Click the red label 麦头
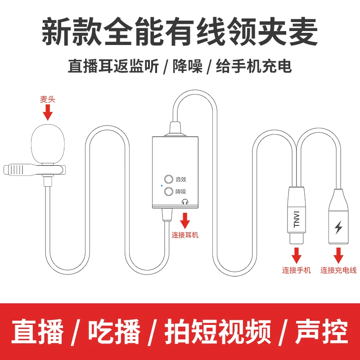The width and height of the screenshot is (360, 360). click(x=47, y=100)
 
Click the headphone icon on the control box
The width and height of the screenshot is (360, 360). click(x=184, y=202)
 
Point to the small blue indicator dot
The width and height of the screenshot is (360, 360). click(x=161, y=185)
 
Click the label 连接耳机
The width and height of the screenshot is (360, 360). click(x=184, y=235)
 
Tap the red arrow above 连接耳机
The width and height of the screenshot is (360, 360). click(x=184, y=221)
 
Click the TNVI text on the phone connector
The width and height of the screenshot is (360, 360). click(x=297, y=220)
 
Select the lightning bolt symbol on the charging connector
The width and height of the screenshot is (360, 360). click(x=338, y=226)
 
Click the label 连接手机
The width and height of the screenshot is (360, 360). click(x=296, y=270)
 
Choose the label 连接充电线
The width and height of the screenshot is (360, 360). click(x=338, y=270)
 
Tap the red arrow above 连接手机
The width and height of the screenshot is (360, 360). click(x=296, y=256)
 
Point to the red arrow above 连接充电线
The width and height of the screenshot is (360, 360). click(x=338, y=256)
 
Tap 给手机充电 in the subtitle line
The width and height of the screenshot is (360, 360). click(x=253, y=67)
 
